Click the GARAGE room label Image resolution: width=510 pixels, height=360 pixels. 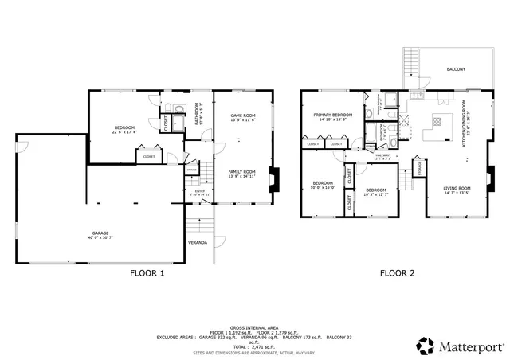coord(100,233)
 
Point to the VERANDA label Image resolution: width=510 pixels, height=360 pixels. coord(198,241)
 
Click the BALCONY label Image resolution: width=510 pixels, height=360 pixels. coord(456,69)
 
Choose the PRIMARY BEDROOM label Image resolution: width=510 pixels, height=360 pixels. coord(333,115)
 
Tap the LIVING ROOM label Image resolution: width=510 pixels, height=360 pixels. coord(457,188)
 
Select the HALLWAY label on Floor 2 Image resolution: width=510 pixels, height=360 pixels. coord(382,155)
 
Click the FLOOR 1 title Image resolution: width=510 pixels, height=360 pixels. coord(147,272)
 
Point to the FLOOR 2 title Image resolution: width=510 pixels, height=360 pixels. coord(397,272)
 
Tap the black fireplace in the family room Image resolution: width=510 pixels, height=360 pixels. coord(275,180)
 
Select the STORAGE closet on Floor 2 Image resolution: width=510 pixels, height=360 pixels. coord(418,167)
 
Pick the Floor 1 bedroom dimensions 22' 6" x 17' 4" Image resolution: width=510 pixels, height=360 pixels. coord(124,132)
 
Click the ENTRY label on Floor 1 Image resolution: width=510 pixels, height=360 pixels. coord(201,190)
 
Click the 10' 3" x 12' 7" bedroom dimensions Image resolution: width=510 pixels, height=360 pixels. coord(375,194)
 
